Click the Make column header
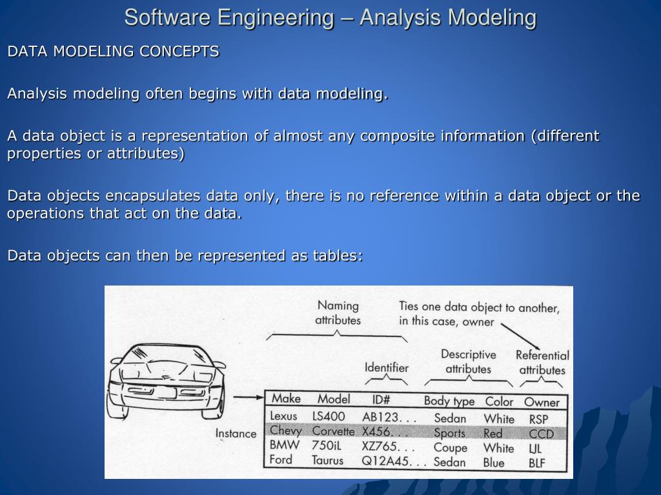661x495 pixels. pos(285,398)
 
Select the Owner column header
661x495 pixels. pos(541,402)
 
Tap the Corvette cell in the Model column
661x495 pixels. pos(333,431)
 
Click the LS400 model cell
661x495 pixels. pos(329,416)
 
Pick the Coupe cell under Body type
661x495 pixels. pos(450,447)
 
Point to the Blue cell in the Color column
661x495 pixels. pos(494,463)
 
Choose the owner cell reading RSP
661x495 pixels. pos(538,420)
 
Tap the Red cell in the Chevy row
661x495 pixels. pos(493,434)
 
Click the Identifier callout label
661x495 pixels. pos(387,367)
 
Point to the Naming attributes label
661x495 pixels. pos(338,313)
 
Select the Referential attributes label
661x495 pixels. pos(542,362)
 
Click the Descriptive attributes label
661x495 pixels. pos(468,362)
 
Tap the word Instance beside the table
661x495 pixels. pos(236,433)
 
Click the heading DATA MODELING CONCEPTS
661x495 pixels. pos(113,52)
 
